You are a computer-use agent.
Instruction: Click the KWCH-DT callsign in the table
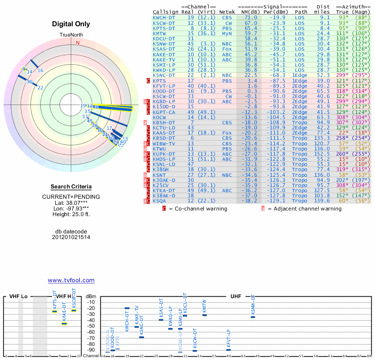(x=164, y=17)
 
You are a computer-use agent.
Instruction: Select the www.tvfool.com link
(x=71, y=280)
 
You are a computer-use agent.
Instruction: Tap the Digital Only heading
(x=71, y=24)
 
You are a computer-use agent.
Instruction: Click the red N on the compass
(x=78, y=43)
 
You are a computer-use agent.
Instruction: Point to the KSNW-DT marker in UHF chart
(x=253, y=317)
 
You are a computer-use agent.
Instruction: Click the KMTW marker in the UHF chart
(x=204, y=315)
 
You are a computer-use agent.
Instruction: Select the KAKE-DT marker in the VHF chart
(x=64, y=323)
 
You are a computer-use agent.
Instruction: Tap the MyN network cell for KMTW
(x=227, y=33)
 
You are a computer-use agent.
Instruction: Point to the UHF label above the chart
(x=236, y=296)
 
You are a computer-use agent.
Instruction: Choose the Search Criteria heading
(x=71, y=187)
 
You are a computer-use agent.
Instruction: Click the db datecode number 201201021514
(x=71, y=237)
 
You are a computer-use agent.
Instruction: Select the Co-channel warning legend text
(x=198, y=209)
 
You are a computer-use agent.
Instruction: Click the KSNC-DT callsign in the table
(x=164, y=75)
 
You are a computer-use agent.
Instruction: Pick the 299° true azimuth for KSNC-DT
(x=343, y=75)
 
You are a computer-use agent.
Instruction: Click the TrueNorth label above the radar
(x=71, y=35)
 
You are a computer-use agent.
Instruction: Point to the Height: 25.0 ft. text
(x=71, y=215)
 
